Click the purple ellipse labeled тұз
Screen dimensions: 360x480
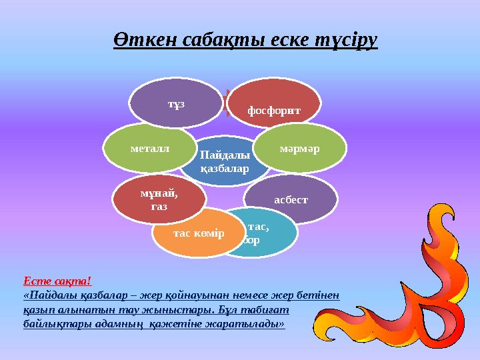pyautogui.click(x=175, y=104)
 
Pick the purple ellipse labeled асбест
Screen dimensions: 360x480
pyautogui.click(x=291, y=198)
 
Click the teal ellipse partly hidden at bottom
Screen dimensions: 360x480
pyautogui.click(x=267, y=233)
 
